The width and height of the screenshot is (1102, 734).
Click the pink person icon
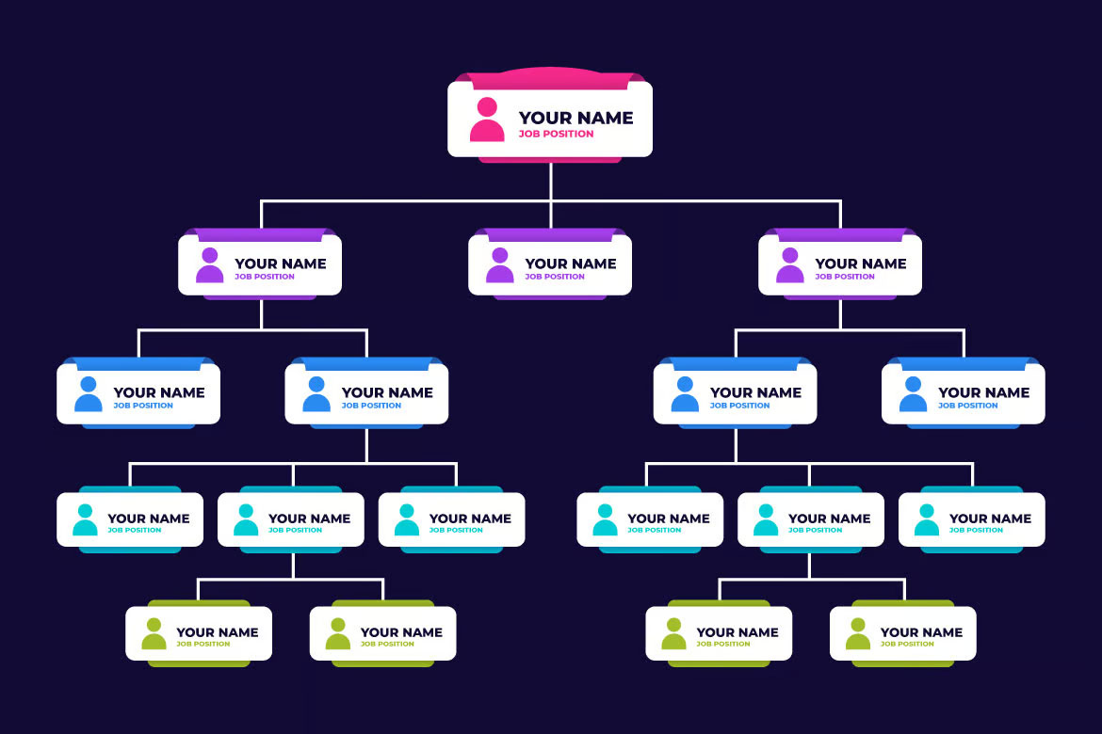487,120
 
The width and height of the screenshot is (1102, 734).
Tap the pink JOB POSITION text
556,135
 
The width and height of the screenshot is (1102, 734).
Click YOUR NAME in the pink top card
575,118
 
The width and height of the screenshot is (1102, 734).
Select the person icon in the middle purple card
500,264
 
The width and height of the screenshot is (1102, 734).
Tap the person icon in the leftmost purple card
209,264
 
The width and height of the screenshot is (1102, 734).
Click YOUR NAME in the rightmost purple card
860,263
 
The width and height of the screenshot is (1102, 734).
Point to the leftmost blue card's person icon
88,394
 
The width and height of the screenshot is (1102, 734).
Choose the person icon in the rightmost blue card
913,394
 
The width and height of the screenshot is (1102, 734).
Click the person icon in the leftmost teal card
85,519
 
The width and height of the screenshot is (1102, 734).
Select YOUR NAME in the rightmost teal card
990,519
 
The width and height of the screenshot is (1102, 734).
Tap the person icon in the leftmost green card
154,633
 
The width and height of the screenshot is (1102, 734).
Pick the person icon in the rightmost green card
857,633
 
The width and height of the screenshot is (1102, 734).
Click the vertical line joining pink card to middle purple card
551,196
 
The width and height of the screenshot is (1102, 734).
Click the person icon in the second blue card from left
316,394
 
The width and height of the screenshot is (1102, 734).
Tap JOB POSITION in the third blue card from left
739,406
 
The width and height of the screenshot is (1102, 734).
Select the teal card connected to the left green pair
291,519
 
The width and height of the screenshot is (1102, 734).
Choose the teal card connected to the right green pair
810,519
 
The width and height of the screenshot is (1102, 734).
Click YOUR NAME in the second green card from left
401,632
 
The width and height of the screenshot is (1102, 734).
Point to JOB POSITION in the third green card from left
722,644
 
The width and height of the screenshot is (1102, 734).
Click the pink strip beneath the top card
550,160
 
